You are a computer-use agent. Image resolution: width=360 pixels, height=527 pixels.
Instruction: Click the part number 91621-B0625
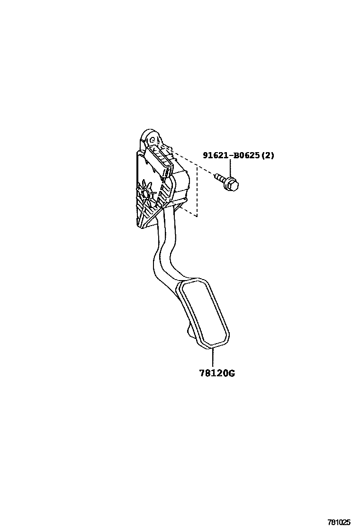pyautogui.click(x=231, y=155)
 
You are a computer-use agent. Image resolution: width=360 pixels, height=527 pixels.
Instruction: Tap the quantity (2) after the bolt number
pyautogui.click(x=267, y=155)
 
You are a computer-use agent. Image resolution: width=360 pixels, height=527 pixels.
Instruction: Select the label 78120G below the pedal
pyautogui.click(x=217, y=373)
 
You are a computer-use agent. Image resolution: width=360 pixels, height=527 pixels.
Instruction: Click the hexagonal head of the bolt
pyautogui.click(x=231, y=183)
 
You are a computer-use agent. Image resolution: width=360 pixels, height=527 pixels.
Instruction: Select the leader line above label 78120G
pyautogui.click(x=213, y=357)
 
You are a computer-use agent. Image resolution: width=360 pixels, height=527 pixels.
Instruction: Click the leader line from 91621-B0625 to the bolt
pyautogui.click(x=231, y=168)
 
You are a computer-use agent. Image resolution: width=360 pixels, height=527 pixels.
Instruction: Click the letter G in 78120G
pyautogui.click(x=231, y=373)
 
